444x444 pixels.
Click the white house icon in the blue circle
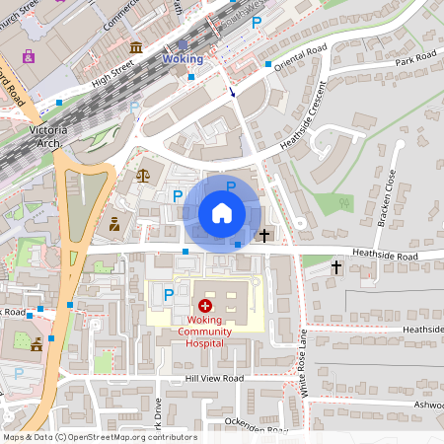222,212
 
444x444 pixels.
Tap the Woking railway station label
183,59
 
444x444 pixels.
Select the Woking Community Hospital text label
206,332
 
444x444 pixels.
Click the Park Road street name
414,62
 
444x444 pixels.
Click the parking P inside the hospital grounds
168,294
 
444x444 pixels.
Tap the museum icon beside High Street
135,47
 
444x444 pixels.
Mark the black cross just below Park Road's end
336,267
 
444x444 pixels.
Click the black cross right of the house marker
263,235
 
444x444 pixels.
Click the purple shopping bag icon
28,55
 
